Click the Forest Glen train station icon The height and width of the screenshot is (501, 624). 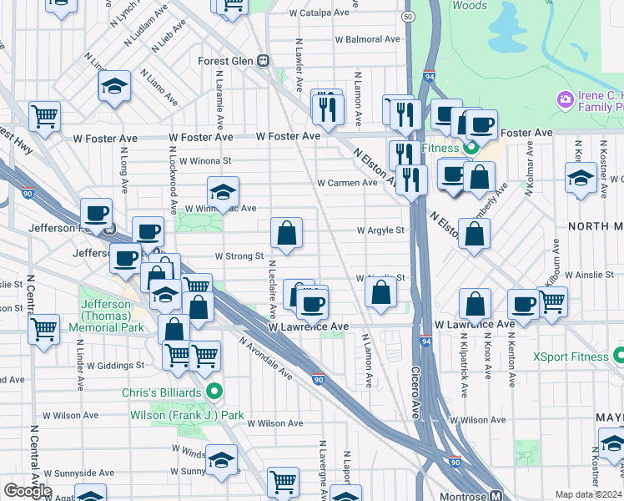[263, 61]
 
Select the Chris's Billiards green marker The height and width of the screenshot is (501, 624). [214, 389]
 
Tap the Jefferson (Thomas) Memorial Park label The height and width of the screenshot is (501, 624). [106, 316]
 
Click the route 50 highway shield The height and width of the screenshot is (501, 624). [407, 17]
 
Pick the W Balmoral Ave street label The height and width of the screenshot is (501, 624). [367, 39]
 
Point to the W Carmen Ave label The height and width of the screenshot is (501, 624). [347, 183]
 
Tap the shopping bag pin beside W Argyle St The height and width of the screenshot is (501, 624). [286, 234]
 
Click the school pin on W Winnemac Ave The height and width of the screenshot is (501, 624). [223, 193]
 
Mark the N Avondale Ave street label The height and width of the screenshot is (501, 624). [265, 357]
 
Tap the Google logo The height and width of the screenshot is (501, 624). [28, 491]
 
